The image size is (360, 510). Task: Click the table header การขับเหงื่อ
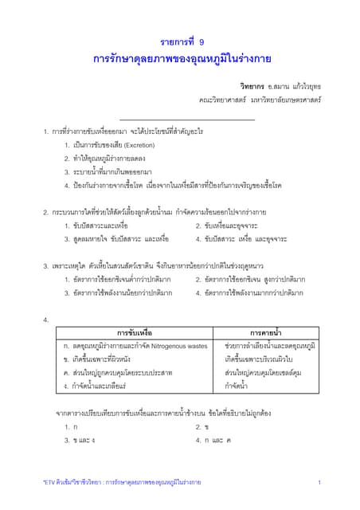[x=134, y=332]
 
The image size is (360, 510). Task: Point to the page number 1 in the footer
[x=319, y=483]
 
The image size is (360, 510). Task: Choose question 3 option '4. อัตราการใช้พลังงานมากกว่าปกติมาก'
[x=249, y=292]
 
